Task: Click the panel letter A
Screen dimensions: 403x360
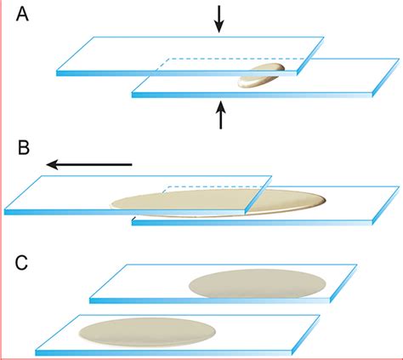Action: point(22,14)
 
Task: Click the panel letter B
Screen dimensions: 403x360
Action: point(24,147)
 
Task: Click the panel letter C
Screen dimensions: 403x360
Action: point(21,263)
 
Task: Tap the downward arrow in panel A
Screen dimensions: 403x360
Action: point(219,19)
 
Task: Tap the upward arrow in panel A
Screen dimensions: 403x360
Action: point(221,116)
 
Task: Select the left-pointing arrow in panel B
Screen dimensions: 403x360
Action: point(89,164)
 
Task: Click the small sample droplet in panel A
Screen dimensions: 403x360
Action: point(261,76)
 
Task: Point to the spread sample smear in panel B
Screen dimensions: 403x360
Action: point(219,203)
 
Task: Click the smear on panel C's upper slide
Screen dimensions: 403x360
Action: point(258,283)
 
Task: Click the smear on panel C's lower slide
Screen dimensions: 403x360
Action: point(147,332)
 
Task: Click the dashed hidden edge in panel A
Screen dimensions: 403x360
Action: point(232,59)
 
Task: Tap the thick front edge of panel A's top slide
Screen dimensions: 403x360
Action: point(176,73)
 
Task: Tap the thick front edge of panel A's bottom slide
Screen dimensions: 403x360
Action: point(252,95)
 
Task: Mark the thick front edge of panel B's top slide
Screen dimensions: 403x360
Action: point(124,212)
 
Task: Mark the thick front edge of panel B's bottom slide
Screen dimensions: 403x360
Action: point(252,223)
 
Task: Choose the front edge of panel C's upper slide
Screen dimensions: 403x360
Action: point(210,300)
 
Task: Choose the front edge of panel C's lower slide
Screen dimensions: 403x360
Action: point(164,352)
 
